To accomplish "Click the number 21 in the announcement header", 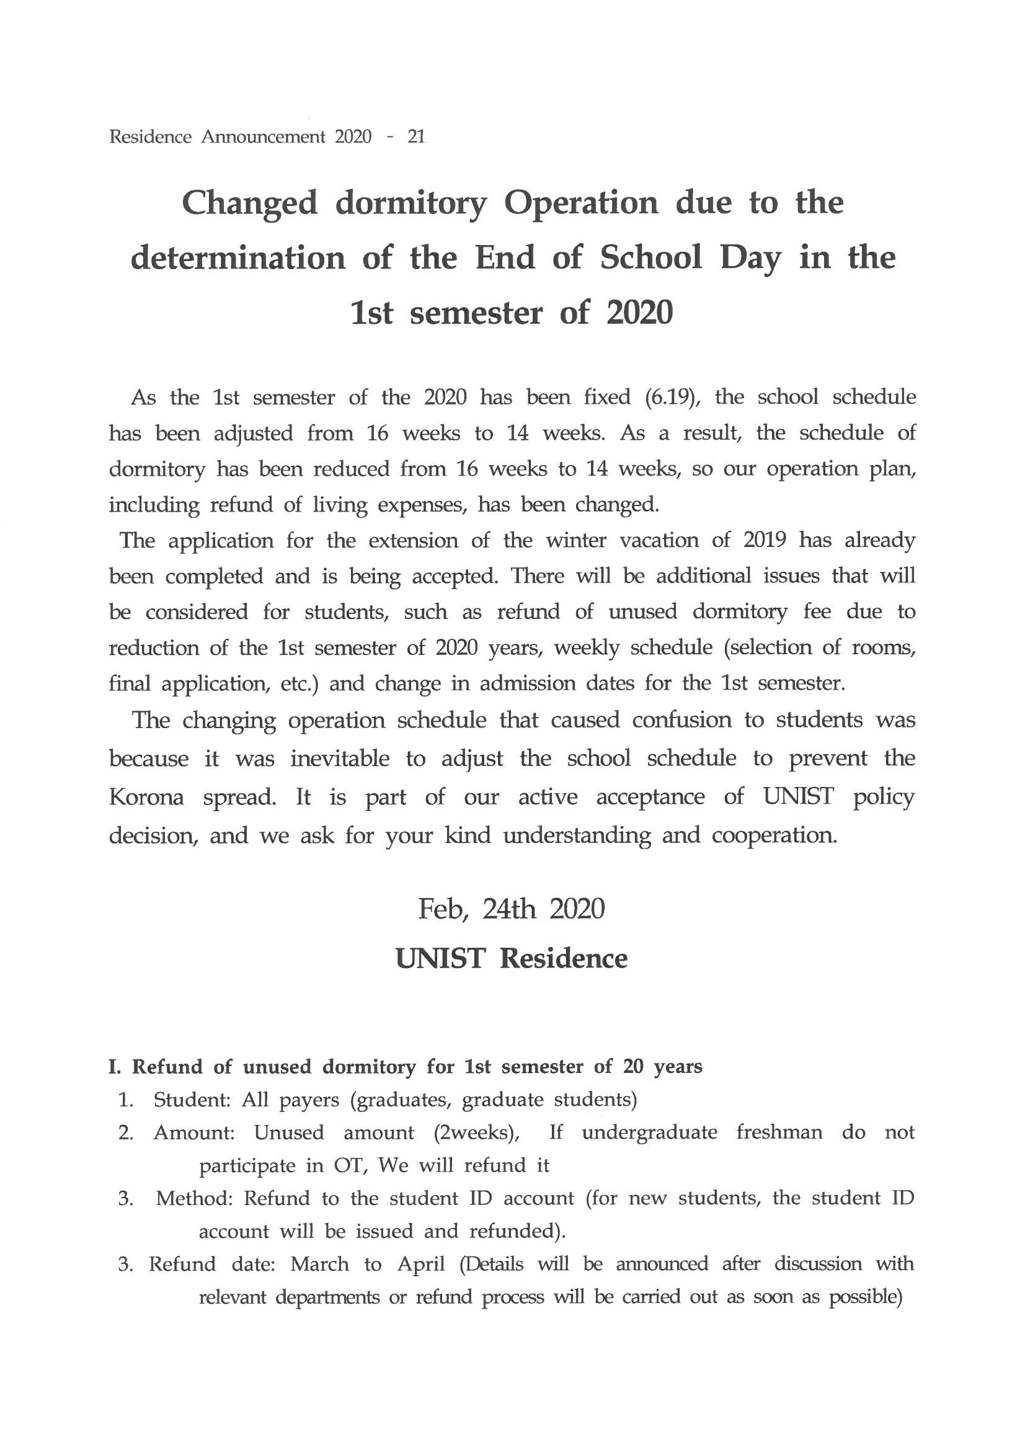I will pyautogui.click(x=416, y=136).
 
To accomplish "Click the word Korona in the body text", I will pyautogui.click(x=146, y=798).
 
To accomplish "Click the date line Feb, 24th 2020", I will pyautogui.click(x=511, y=909).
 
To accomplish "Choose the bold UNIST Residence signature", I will pyautogui.click(x=511, y=958).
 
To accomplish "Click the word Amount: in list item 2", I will pyautogui.click(x=194, y=1132).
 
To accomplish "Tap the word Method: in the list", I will pyautogui.click(x=195, y=1198).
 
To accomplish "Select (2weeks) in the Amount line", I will pyautogui.click(x=477, y=1132).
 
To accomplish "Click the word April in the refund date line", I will pyautogui.click(x=421, y=1264).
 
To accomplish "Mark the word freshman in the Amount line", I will pyautogui.click(x=779, y=1132).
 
